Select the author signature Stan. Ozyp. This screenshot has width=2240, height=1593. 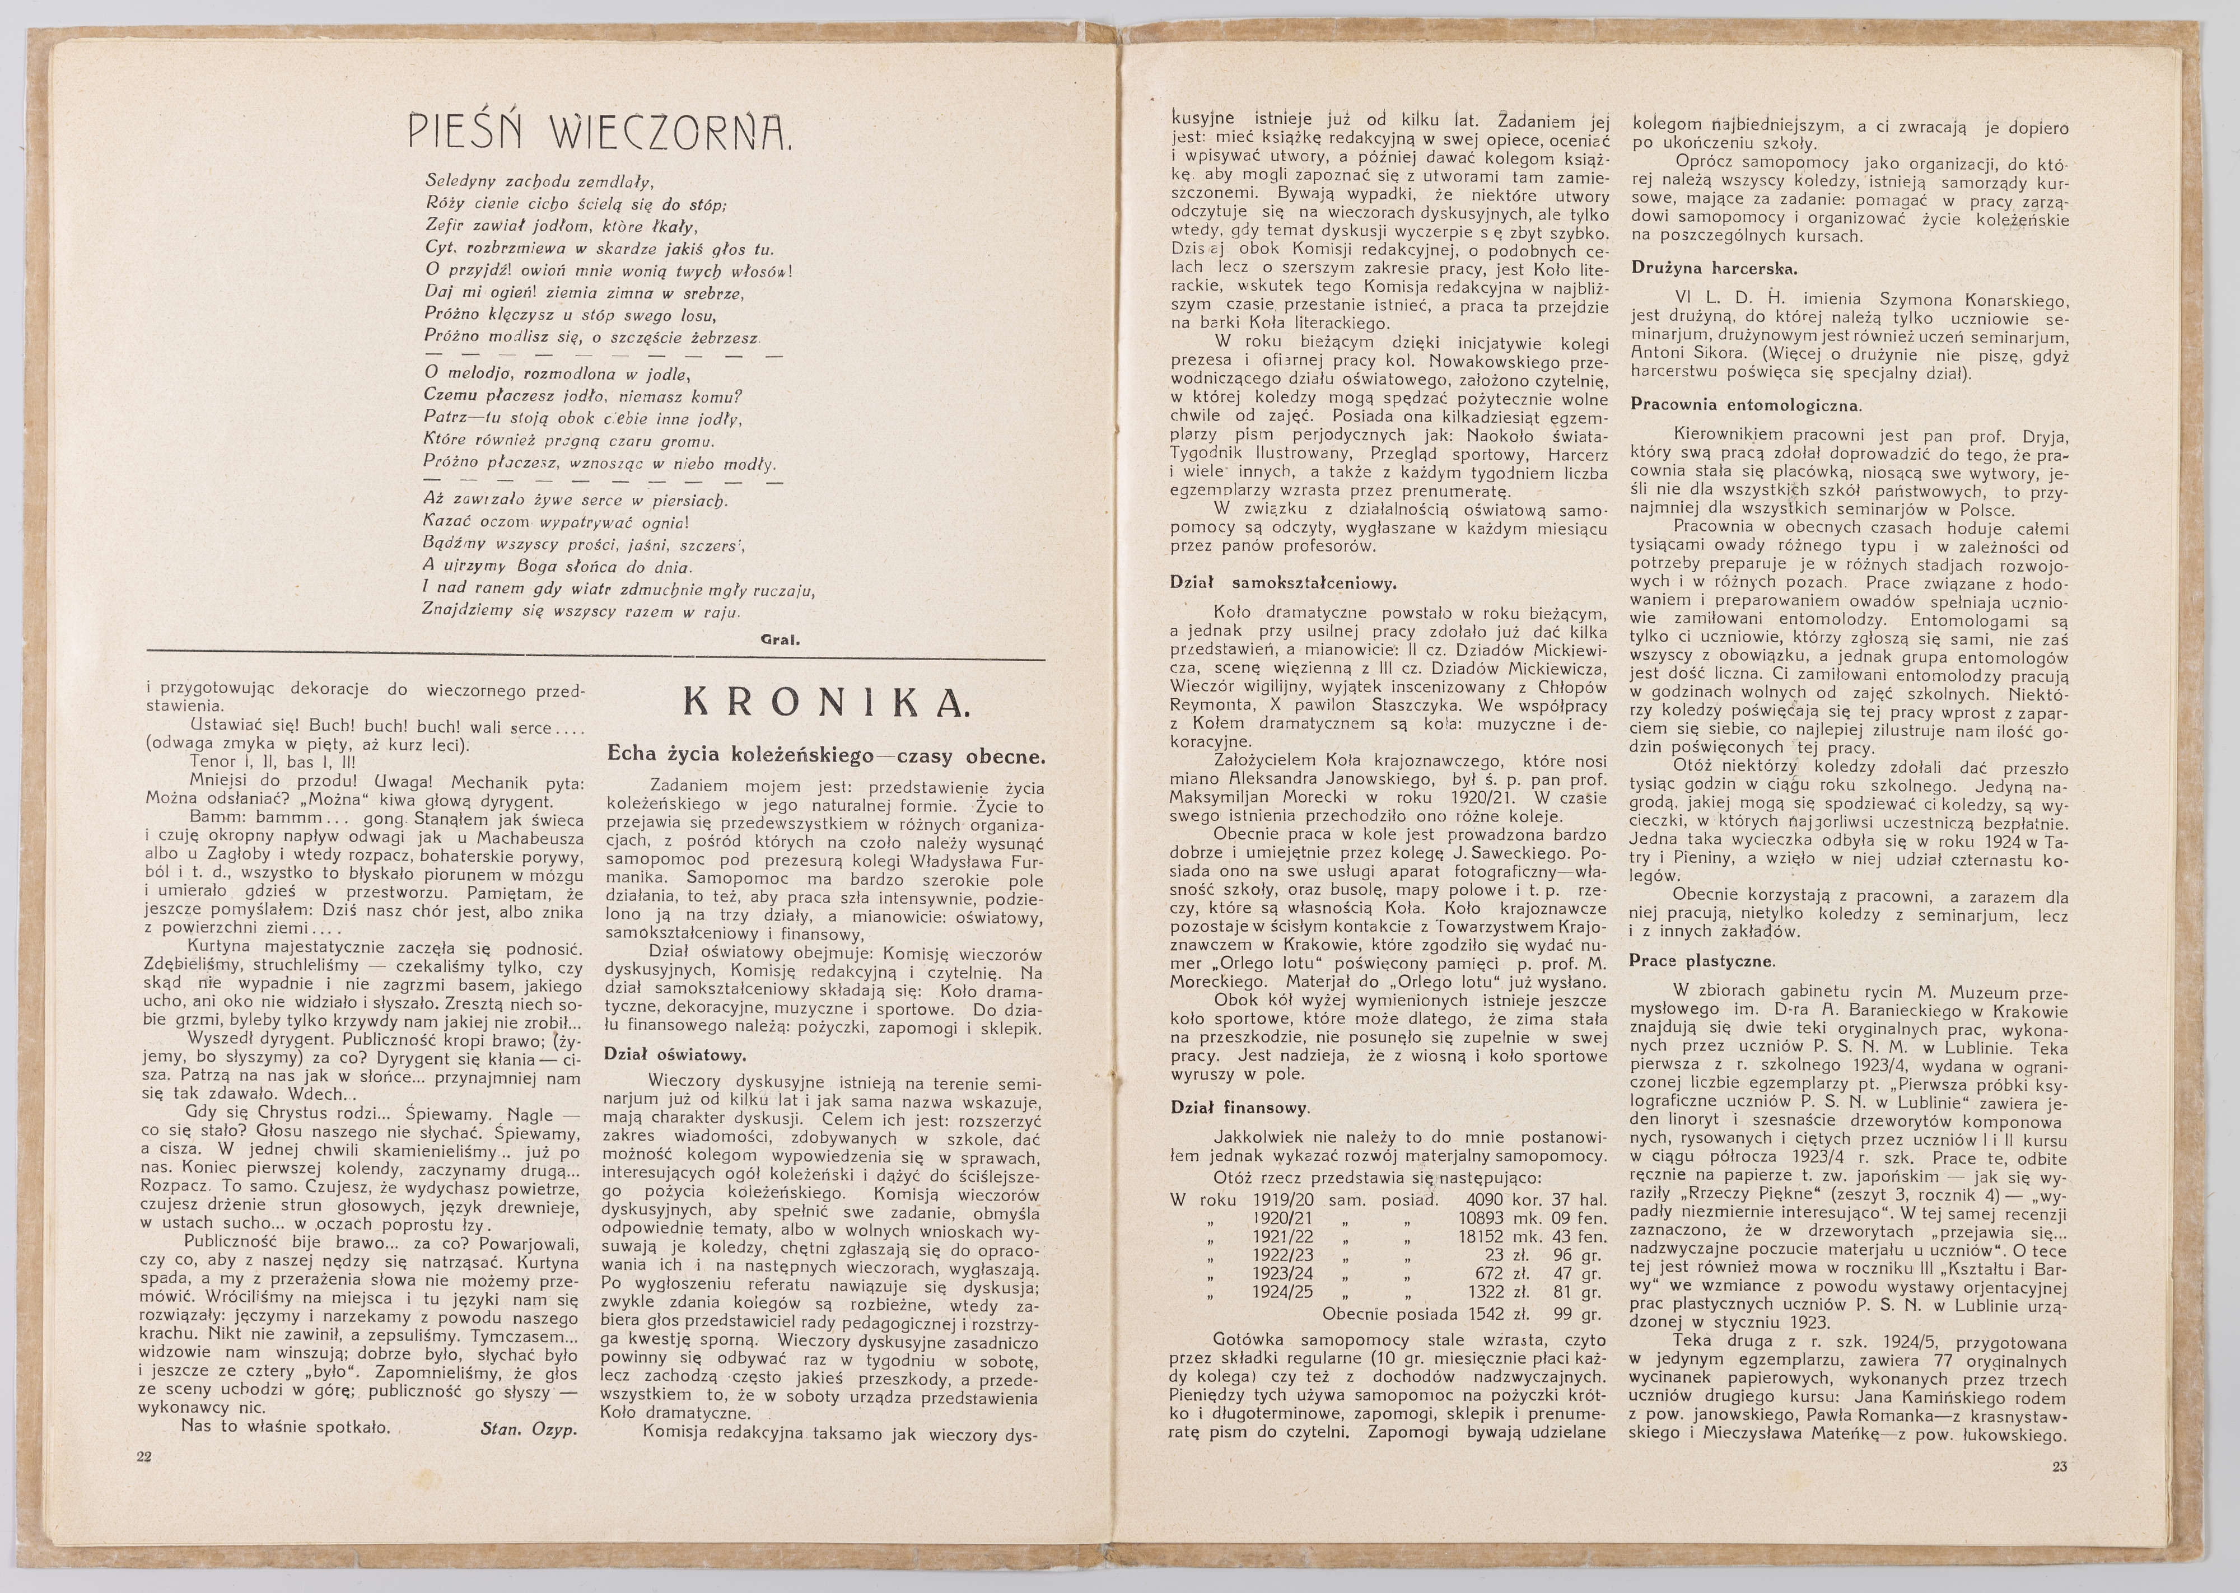529,1428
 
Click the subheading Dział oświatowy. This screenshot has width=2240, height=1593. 676,1055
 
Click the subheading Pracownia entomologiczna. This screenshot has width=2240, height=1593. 1746,404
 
